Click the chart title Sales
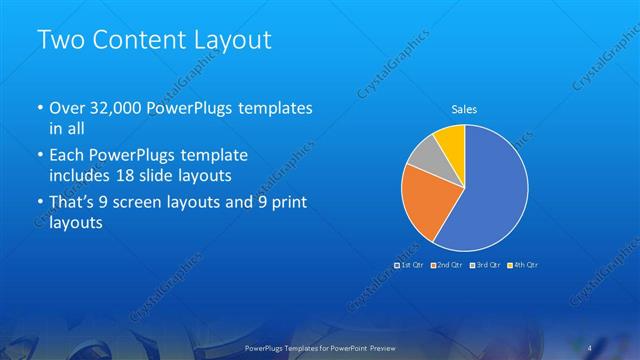tap(464, 109)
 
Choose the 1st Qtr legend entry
tap(410, 265)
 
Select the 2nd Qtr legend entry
tap(447, 265)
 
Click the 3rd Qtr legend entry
tap(485, 265)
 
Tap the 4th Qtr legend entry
tap(523, 265)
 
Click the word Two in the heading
tap(59, 41)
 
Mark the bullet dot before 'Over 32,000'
tap(39, 108)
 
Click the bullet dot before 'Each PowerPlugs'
tap(39, 156)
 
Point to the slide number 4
tap(591, 347)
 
